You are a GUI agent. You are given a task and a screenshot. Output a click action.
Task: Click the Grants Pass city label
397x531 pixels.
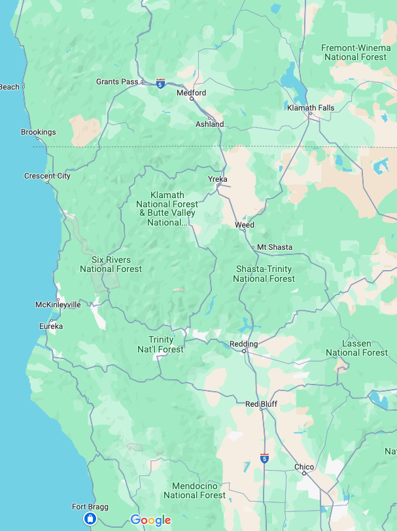point(117,82)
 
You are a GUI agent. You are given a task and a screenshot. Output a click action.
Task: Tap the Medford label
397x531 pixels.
point(191,93)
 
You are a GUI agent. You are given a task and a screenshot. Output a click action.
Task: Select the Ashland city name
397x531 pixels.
point(209,124)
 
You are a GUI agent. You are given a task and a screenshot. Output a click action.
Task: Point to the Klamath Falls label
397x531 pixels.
point(311,108)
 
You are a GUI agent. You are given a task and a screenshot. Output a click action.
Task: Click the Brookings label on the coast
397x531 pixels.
point(38,132)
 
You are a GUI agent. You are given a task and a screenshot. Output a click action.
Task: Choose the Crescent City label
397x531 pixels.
point(47,176)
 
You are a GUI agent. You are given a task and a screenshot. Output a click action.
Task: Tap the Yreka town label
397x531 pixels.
point(217,179)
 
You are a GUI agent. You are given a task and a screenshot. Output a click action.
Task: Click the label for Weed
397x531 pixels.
point(245,225)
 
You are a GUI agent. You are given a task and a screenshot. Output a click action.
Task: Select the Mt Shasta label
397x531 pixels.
point(274,247)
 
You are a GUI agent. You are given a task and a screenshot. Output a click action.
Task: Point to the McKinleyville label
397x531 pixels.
point(58,305)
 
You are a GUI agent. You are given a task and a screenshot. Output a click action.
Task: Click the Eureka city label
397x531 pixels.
point(51,326)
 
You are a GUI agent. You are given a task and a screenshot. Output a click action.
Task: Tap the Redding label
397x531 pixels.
point(244,344)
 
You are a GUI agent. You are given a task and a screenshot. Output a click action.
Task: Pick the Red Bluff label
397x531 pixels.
point(261,404)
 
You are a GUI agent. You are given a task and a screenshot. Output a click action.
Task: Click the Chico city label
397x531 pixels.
point(304,467)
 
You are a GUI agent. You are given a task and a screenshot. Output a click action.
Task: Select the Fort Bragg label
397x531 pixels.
point(90,507)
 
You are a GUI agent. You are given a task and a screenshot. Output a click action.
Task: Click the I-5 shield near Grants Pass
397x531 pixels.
point(161,83)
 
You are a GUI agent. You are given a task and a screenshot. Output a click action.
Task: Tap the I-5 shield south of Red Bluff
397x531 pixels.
point(264,458)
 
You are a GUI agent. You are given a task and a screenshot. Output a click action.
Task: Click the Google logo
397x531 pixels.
point(150,521)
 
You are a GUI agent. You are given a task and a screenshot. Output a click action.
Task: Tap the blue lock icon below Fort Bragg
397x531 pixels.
point(90,519)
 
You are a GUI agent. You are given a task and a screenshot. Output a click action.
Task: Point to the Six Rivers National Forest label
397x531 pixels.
point(111,264)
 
